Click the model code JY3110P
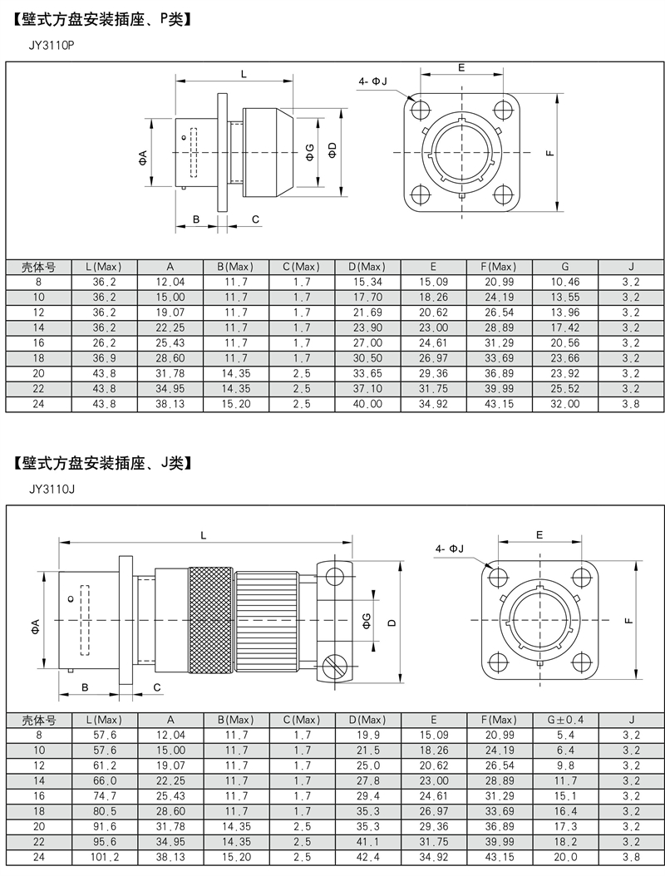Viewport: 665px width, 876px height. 51,46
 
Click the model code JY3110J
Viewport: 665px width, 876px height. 52,490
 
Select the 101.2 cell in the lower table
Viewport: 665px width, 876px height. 105,856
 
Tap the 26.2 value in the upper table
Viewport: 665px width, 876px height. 105,342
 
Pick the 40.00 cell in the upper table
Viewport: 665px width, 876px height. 367,403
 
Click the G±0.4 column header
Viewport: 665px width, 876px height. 565,720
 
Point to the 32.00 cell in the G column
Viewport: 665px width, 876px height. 565,403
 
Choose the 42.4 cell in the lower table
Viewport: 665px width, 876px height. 368,856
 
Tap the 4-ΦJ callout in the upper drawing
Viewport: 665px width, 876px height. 372,81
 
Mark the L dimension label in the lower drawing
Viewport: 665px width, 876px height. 204,535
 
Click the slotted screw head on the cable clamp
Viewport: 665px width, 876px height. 334,667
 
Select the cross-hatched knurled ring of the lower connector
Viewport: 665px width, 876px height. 210,619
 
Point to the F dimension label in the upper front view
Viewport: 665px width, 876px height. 550,152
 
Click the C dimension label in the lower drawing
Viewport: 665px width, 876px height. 157,687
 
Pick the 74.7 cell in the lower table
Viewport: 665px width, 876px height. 105,795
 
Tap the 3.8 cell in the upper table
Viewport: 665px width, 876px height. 631,403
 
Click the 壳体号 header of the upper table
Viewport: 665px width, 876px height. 38,267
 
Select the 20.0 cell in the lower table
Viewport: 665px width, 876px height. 565,856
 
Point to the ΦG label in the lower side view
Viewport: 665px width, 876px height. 366,620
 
